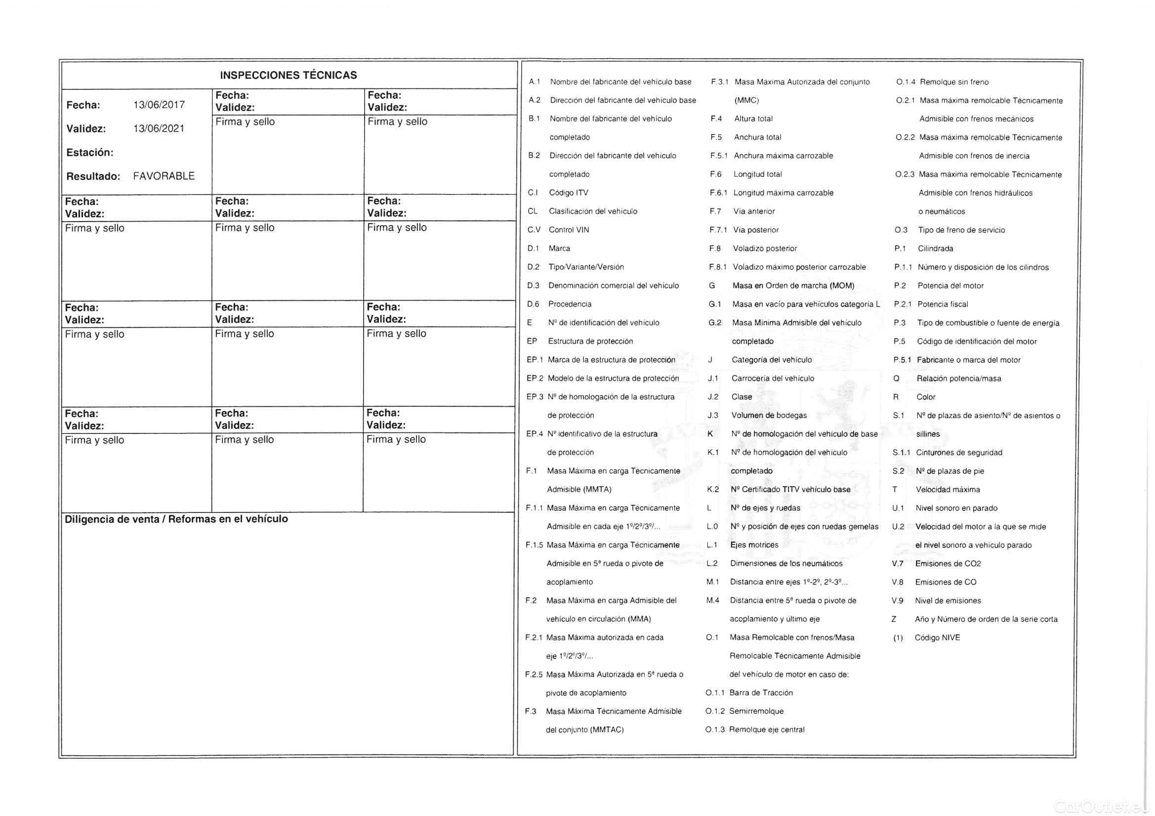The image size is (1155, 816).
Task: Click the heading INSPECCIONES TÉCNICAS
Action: point(288,76)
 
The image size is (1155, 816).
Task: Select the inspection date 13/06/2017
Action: point(159,105)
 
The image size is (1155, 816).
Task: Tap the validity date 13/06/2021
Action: point(159,129)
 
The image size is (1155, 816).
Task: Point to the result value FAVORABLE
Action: point(164,176)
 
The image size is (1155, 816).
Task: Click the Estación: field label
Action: point(89,153)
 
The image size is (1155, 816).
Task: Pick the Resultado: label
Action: point(93,176)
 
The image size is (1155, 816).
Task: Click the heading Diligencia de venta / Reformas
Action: point(176,519)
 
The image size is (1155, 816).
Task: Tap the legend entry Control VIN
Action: point(569,230)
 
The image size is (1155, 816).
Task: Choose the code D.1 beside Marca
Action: point(533,248)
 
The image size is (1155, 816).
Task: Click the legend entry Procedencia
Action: point(570,304)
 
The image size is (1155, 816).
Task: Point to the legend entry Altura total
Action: point(753,118)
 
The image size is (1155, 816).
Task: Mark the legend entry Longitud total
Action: point(758,174)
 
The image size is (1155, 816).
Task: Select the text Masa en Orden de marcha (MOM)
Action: point(793,285)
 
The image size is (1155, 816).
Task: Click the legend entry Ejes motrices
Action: point(754,545)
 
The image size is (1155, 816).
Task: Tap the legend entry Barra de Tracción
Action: point(761,693)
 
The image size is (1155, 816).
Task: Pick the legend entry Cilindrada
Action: point(935,248)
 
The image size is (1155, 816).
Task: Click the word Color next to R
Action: point(926,397)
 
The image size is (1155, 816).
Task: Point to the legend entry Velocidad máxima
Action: point(948,490)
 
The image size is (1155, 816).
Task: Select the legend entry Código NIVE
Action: point(937,638)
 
